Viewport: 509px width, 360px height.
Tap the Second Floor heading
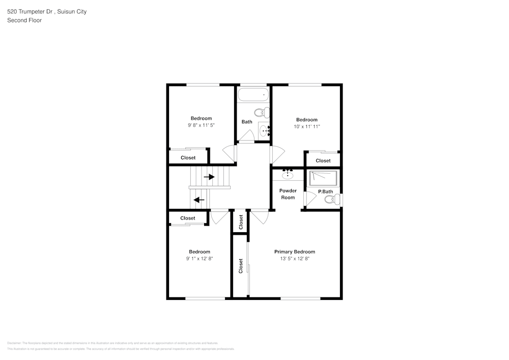pos(24,20)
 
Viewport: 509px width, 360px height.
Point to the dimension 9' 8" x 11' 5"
pos(201,125)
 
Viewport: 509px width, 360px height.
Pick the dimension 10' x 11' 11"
pos(306,127)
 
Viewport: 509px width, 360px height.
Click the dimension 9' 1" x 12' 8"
pos(199,259)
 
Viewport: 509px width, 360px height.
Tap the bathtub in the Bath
pos(253,94)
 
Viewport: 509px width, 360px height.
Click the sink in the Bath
pos(265,131)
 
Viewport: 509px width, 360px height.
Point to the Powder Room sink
pos(288,175)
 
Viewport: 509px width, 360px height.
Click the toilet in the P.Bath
pos(332,200)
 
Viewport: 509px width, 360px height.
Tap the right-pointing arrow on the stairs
pos(209,177)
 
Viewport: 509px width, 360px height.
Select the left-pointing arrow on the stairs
pos(199,200)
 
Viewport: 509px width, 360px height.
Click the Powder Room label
pos(288,194)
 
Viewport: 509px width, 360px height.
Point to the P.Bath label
pos(325,191)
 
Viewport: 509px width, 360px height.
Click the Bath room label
pos(247,122)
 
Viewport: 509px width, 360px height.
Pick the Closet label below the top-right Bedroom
pos(323,160)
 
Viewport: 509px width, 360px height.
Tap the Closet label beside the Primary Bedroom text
pos(241,266)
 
